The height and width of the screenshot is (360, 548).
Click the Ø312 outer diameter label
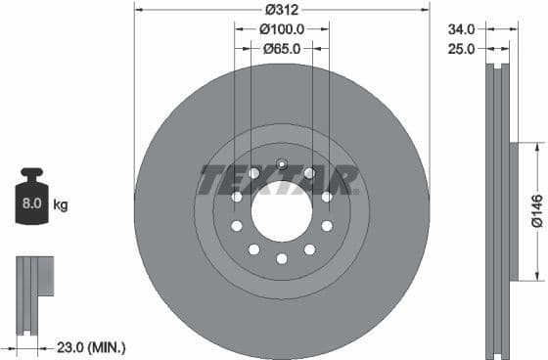(x=282, y=11)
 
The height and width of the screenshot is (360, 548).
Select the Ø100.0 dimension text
(x=282, y=29)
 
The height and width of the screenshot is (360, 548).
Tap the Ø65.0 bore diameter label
(x=282, y=48)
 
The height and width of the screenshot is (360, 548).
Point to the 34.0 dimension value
(x=461, y=29)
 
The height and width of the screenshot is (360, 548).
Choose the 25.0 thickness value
(x=461, y=48)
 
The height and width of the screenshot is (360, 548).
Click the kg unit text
(x=61, y=205)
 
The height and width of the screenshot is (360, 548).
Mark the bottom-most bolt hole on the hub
(x=282, y=258)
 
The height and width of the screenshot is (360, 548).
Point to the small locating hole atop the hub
(x=282, y=163)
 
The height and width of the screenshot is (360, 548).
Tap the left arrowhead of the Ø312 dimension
(x=138, y=11)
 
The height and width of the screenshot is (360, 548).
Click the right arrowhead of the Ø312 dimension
(x=426, y=11)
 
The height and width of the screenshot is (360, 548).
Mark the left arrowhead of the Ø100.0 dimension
(x=238, y=29)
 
